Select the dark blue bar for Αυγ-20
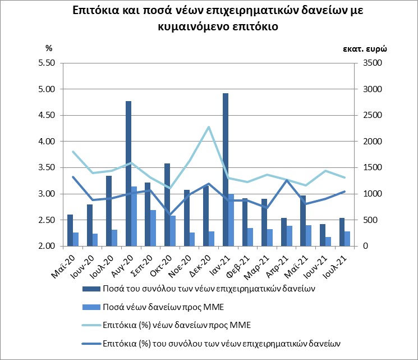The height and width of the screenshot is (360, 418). [x=128, y=174]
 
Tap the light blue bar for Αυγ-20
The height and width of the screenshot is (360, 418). [x=134, y=216]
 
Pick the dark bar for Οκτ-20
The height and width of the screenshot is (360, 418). [x=167, y=204]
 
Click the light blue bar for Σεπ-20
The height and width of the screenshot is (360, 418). [x=153, y=228]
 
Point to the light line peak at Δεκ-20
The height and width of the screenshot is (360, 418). [x=209, y=127]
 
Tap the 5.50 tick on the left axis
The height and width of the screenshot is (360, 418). [x=45, y=63]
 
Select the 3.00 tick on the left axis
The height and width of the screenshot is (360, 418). [x=45, y=194]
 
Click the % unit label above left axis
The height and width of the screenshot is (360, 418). [x=48, y=48]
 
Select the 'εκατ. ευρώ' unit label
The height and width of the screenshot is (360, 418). [x=365, y=48]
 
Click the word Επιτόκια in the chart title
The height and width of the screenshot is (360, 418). [x=96, y=12]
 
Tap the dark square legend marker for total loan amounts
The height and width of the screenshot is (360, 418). [x=96, y=289]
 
